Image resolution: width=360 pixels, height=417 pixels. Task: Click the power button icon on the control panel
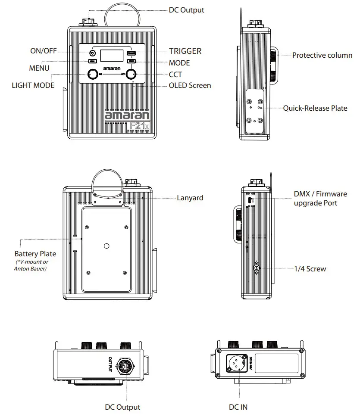(x=92, y=53)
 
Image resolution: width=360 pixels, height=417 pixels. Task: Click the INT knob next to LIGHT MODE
(x=92, y=74)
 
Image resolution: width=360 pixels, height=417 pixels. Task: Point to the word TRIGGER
(x=185, y=51)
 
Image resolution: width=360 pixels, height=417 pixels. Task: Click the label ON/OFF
(x=43, y=51)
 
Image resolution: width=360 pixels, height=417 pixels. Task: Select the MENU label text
(x=39, y=68)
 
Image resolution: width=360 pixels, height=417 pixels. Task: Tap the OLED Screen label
(x=190, y=85)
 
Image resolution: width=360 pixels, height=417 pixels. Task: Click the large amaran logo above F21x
(x=127, y=115)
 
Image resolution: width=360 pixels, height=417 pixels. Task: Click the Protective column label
(x=322, y=55)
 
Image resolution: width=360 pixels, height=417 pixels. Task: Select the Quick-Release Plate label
(x=315, y=108)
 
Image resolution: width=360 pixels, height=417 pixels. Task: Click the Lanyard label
(x=190, y=198)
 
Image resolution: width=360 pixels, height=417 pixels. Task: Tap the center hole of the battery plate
(x=106, y=246)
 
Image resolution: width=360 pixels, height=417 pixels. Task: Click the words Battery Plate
(x=35, y=254)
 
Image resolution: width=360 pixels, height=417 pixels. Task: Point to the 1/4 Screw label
(x=310, y=269)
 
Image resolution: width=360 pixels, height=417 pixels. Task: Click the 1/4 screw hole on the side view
(x=257, y=268)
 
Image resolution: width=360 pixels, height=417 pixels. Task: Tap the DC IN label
(x=238, y=407)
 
